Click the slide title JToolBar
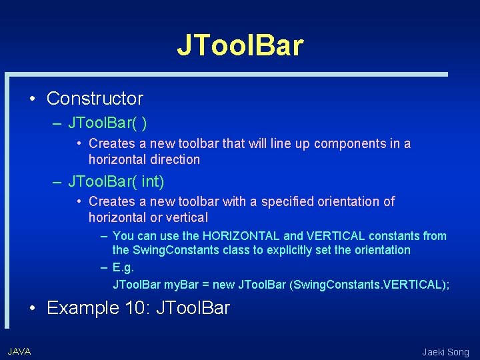click(240, 45)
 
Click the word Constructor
click(95, 99)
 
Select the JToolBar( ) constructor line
click(108, 123)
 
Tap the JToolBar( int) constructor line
click(116, 181)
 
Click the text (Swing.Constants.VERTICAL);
click(370, 285)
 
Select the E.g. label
click(123, 267)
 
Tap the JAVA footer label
click(19, 351)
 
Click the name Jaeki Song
click(445, 352)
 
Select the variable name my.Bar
click(182, 285)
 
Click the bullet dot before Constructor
click(32, 99)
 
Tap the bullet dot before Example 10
click(32, 309)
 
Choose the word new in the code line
click(223, 285)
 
